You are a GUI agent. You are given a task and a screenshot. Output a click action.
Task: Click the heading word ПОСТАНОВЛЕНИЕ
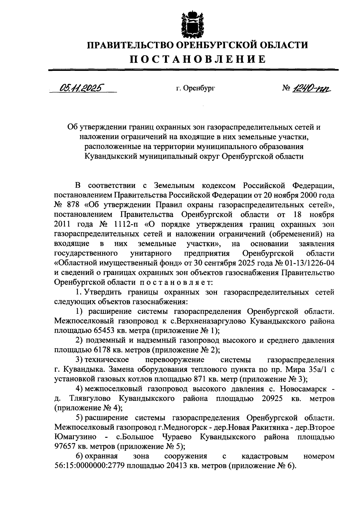coord(197,59)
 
